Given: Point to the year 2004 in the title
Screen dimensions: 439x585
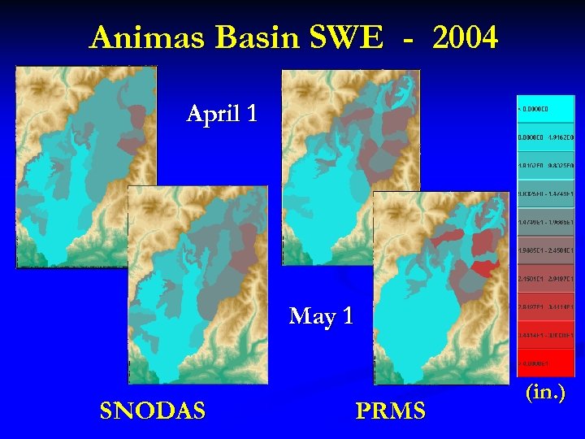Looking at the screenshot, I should coord(465,37).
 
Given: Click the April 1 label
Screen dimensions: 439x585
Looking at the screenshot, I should coord(222,113).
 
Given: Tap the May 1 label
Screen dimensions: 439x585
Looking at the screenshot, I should coord(321,315).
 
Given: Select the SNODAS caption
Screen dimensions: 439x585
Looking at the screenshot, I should coord(152,411).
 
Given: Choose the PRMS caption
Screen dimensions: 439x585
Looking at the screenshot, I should coord(390,411).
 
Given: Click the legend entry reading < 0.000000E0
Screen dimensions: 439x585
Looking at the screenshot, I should coord(545,108).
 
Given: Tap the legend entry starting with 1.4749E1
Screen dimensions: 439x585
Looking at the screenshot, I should coord(545,222).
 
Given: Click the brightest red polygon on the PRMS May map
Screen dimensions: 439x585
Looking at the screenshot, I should coord(483,267).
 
